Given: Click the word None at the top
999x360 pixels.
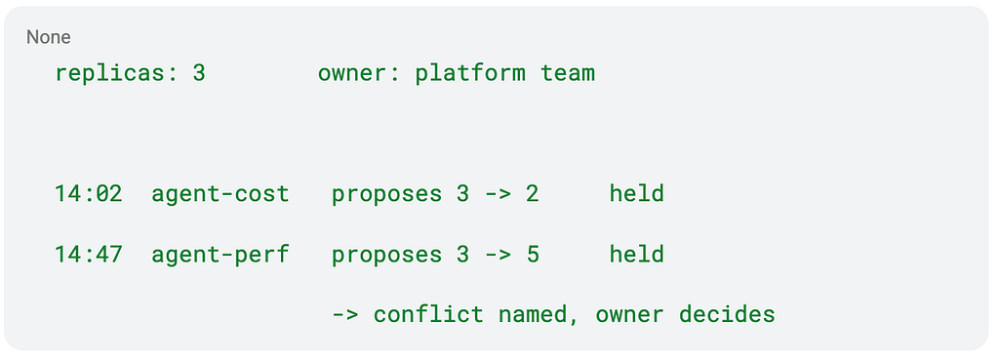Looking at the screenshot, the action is pyautogui.click(x=49, y=38).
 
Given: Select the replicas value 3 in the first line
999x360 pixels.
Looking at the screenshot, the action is pyautogui.click(x=199, y=73).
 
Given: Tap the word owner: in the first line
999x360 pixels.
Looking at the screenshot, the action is pyautogui.click(x=359, y=73).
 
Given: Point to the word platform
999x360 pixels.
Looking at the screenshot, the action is pyautogui.click(x=470, y=73).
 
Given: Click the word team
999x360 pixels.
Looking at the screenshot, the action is pyautogui.click(x=568, y=73).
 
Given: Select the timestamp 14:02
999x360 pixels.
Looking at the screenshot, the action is pyautogui.click(x=89, y=194).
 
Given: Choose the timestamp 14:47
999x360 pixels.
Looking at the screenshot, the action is pyautogui.click(x=89, y=255).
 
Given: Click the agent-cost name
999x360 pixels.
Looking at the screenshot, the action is pyautogui.click(x=220, y=194).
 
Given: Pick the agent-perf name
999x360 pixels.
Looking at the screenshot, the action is pyautogui.click(x=220, y=255).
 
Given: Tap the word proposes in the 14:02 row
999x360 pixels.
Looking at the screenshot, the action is pyautogui.click(x=386, y=194).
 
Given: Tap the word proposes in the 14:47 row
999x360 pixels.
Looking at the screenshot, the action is pyautogui.click(x=386, y=255).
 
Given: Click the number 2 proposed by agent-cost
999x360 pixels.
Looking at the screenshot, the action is pyautogui.click(x=532, y=194).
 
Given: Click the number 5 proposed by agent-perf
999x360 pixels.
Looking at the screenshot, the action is pyautogui.click(x=532, y=255).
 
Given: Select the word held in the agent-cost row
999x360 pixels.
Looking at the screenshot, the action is pyautogui.click(x=636, y=194).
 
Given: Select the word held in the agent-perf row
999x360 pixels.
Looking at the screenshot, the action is pyautogui.click(x=636, y=255).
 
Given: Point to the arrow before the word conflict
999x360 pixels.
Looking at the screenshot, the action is pyautogui.click(x=345, y=315).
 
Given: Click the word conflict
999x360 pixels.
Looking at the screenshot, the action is pyautogui.click(x=428, y=315).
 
